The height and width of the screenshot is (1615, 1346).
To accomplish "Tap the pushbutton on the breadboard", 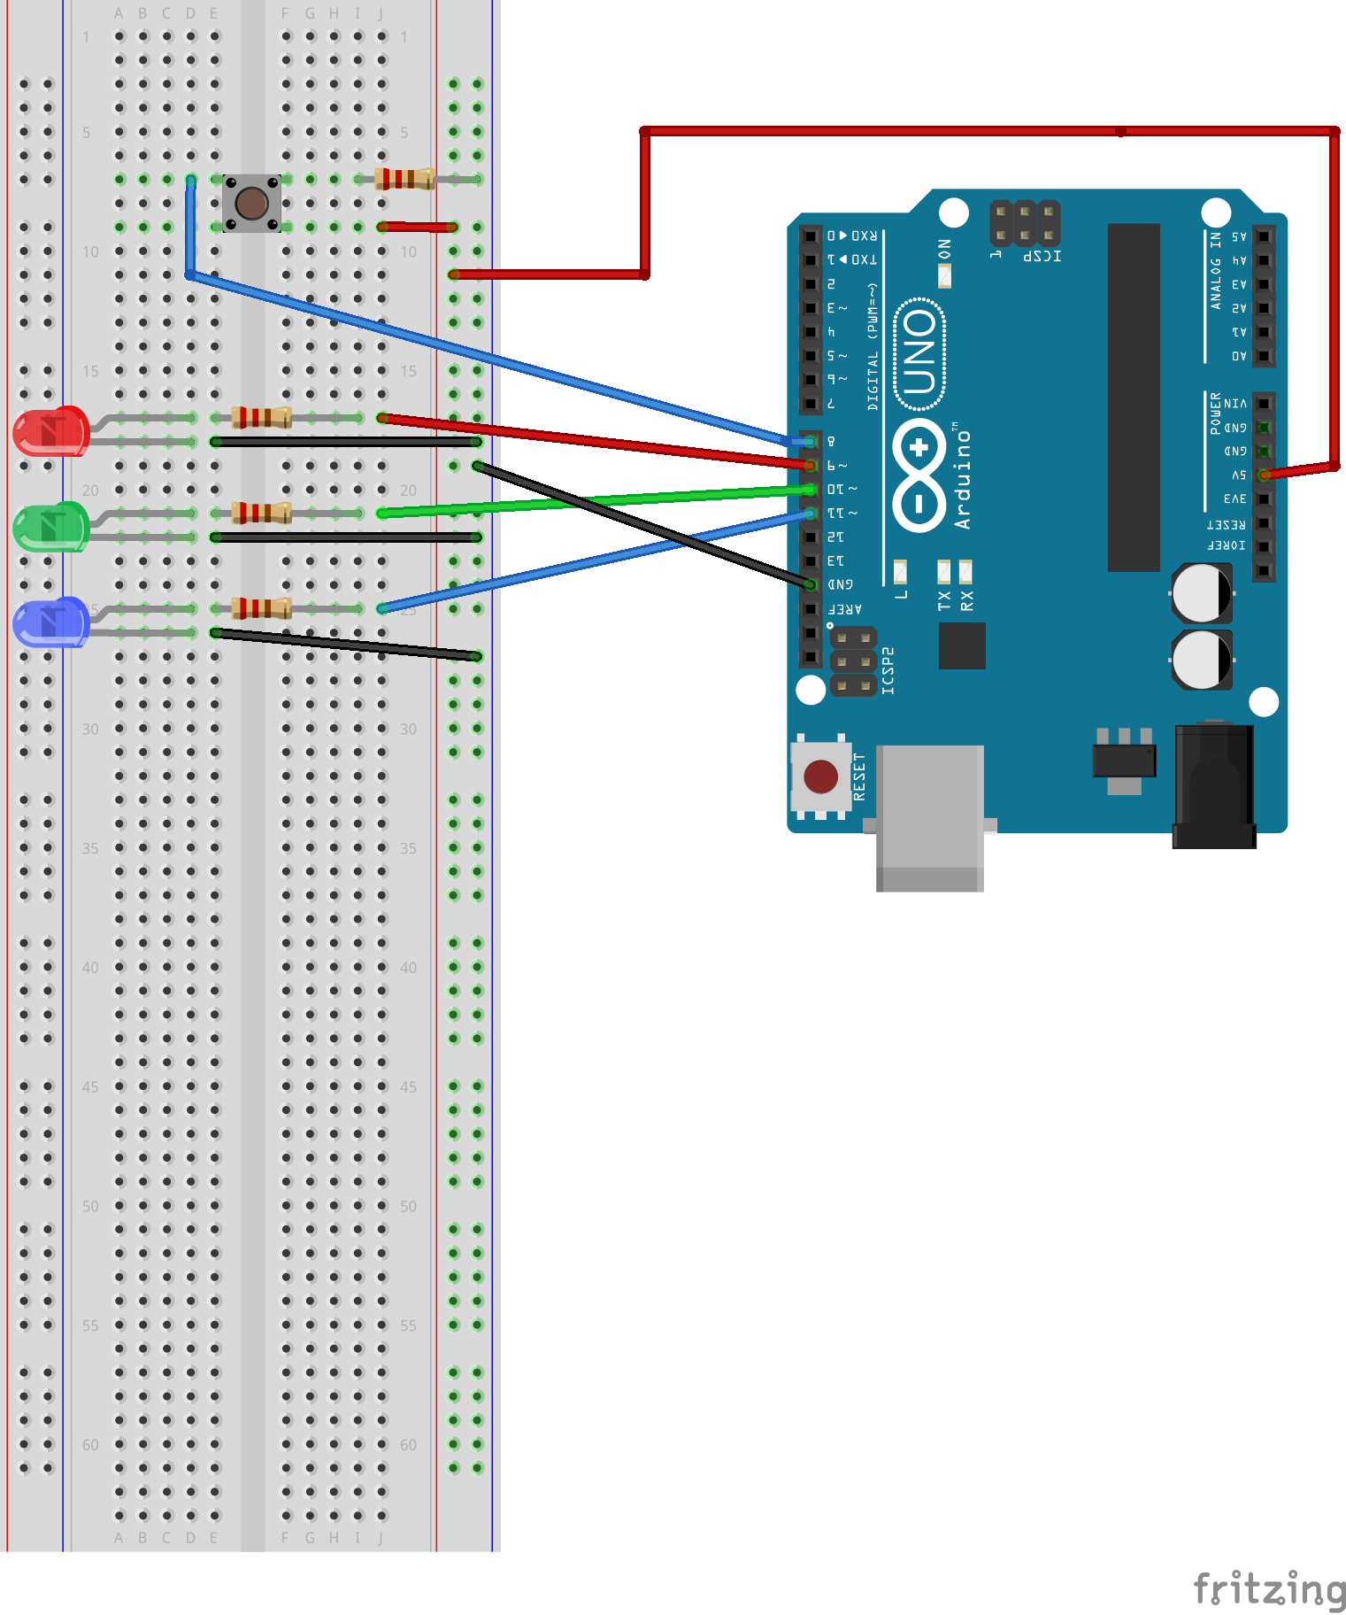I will (251, 204).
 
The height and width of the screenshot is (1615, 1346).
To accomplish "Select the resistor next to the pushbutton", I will (404, 179).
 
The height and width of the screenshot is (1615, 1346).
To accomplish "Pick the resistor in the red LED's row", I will (261, 417).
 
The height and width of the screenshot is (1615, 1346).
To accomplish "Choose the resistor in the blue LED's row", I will (261, 608).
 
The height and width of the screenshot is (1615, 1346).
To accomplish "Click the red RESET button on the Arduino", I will (820, 777).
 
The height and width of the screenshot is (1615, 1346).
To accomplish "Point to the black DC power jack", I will (1213, 785).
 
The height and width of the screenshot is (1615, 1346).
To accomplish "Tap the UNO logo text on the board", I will (919, 354).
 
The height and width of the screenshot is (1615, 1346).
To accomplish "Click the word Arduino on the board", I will (962, 479).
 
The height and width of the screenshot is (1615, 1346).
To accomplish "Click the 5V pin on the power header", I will (1264, 475).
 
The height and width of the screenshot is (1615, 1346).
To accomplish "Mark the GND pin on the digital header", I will (810, 584).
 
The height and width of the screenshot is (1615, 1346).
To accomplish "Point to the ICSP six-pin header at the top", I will (1024, 223).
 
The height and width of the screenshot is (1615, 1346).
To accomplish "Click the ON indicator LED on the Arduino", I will (944, 275).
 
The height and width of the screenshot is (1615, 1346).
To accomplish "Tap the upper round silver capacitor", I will (1201, 593).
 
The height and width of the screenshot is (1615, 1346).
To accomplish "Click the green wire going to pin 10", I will (593, 501).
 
